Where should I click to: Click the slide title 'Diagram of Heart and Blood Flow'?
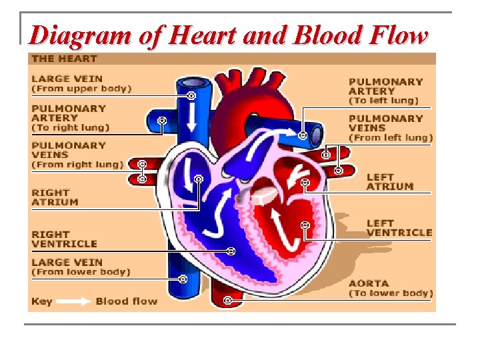pyautogui.click(x=228, y=35)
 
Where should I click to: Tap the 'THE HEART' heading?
pyautogui.click(x=64, y=59)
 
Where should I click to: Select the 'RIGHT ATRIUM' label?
pyautogui.click(x=55, y=197)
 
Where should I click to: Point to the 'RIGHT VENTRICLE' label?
pyautogui.click(x=64, y=239)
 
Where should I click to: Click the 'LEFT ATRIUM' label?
pyautogui.click(x=389, y=182)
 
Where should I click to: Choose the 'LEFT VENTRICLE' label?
pyautogui.click(x=399, y=227)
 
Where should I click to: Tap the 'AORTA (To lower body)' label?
pyautogui.click(x=391, y=288)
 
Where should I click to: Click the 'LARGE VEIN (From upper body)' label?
pyautogui.click(x=81, y=83)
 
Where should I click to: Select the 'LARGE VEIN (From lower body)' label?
pyautogui.click(x=81, y=267)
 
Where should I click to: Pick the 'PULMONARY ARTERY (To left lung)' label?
pyautogui.click(x=386, y=91)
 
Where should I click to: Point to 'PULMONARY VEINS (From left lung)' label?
pyautogui.click(x=391, y=128)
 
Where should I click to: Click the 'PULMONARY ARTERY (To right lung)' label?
pyautogui.click(x=71, y=117)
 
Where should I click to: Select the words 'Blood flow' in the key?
pyautogui.click(x=127, y=301)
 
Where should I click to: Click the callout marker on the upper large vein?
pyautogui.click(x=191, y=96)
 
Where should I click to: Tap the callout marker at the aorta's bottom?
pyautogui.click(x=227, y=301)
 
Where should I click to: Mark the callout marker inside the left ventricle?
pyautogui.click(x=305, y=226)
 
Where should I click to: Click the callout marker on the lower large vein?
pyautogui.click(x=182, y=278)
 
